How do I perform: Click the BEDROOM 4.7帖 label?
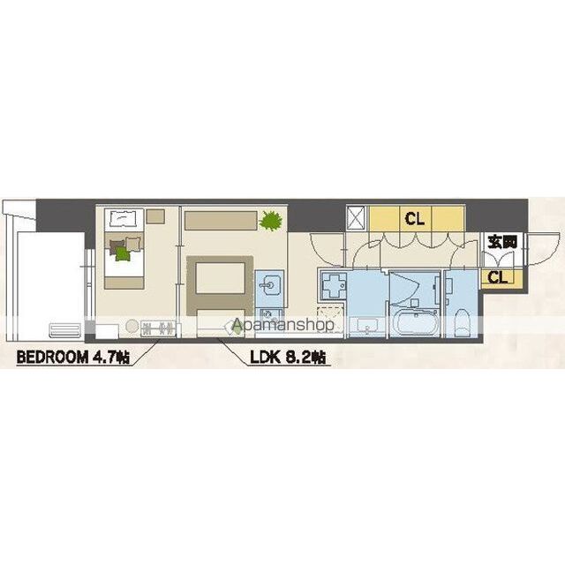(73, 358)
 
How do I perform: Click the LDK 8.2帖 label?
(289, 358)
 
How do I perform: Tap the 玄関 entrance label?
(502, 241)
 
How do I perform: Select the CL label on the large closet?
(415, 218)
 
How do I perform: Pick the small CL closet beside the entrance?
(501, 277)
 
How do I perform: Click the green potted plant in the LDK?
(270, 219)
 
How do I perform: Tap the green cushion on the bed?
(123, 253)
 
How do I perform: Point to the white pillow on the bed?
(124, 218)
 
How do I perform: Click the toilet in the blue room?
(462, 322)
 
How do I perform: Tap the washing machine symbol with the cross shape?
(333, 286)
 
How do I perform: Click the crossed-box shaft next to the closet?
(358, 218)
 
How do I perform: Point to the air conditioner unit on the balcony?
(65, 330)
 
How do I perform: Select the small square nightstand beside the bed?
(155, 216)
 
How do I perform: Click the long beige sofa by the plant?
(221, 220)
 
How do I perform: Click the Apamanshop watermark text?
(282, 325)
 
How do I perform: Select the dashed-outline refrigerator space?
(330, 320)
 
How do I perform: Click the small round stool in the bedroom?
(132, 326)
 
